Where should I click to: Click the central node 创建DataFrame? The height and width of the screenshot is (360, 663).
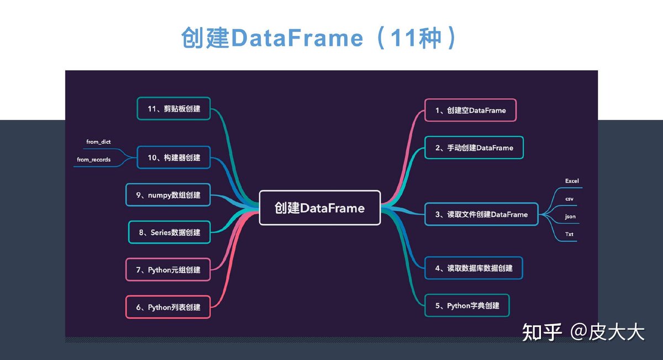[320, 208]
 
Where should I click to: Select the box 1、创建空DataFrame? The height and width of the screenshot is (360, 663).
[470, 110]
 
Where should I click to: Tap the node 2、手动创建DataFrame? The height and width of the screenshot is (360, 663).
[474, 147]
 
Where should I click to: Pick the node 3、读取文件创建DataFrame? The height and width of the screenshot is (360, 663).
[481, 214]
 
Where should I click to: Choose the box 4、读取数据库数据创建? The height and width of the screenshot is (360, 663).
[473, 268]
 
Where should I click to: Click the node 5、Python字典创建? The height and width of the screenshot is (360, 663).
[467, 305]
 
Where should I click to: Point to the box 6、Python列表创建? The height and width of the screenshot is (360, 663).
[168, 307]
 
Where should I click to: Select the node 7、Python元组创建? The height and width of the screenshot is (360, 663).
[168, 269]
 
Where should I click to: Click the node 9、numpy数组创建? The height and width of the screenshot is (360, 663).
[169, 195]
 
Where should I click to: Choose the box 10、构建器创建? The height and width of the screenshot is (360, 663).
[173, 157]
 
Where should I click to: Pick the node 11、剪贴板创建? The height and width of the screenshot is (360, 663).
[173, 109]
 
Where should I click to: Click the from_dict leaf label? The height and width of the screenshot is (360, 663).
[98, 142]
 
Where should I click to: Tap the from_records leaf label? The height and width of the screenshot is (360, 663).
[93, 160]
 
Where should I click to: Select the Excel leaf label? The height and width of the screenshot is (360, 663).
[572, 181]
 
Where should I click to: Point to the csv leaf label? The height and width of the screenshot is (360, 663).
[569, 198]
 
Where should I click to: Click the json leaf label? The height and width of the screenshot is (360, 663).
[570, 216]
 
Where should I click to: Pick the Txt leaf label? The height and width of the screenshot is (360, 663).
[569, 234]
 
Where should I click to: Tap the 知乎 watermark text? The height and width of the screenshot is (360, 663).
[542, 332]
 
